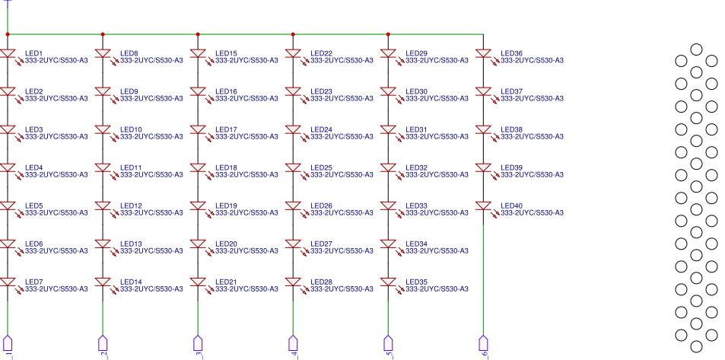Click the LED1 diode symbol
pos(8,54)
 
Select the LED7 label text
pos(33,282)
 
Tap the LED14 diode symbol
pos(103,282)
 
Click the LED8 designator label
pos(129,53)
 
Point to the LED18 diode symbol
pos(198,168)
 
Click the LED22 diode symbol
pos(293,54)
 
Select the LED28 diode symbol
pos(293,282)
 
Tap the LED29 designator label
pos(417,53)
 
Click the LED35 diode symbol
pos(388,282)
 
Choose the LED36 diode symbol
pos(483,54)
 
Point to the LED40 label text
pos(512,205)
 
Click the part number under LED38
pos(532,136)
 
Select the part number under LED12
pos(151,212)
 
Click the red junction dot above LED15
pos(198,34)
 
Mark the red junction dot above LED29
pos(388,34)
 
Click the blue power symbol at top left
pos(8,4)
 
